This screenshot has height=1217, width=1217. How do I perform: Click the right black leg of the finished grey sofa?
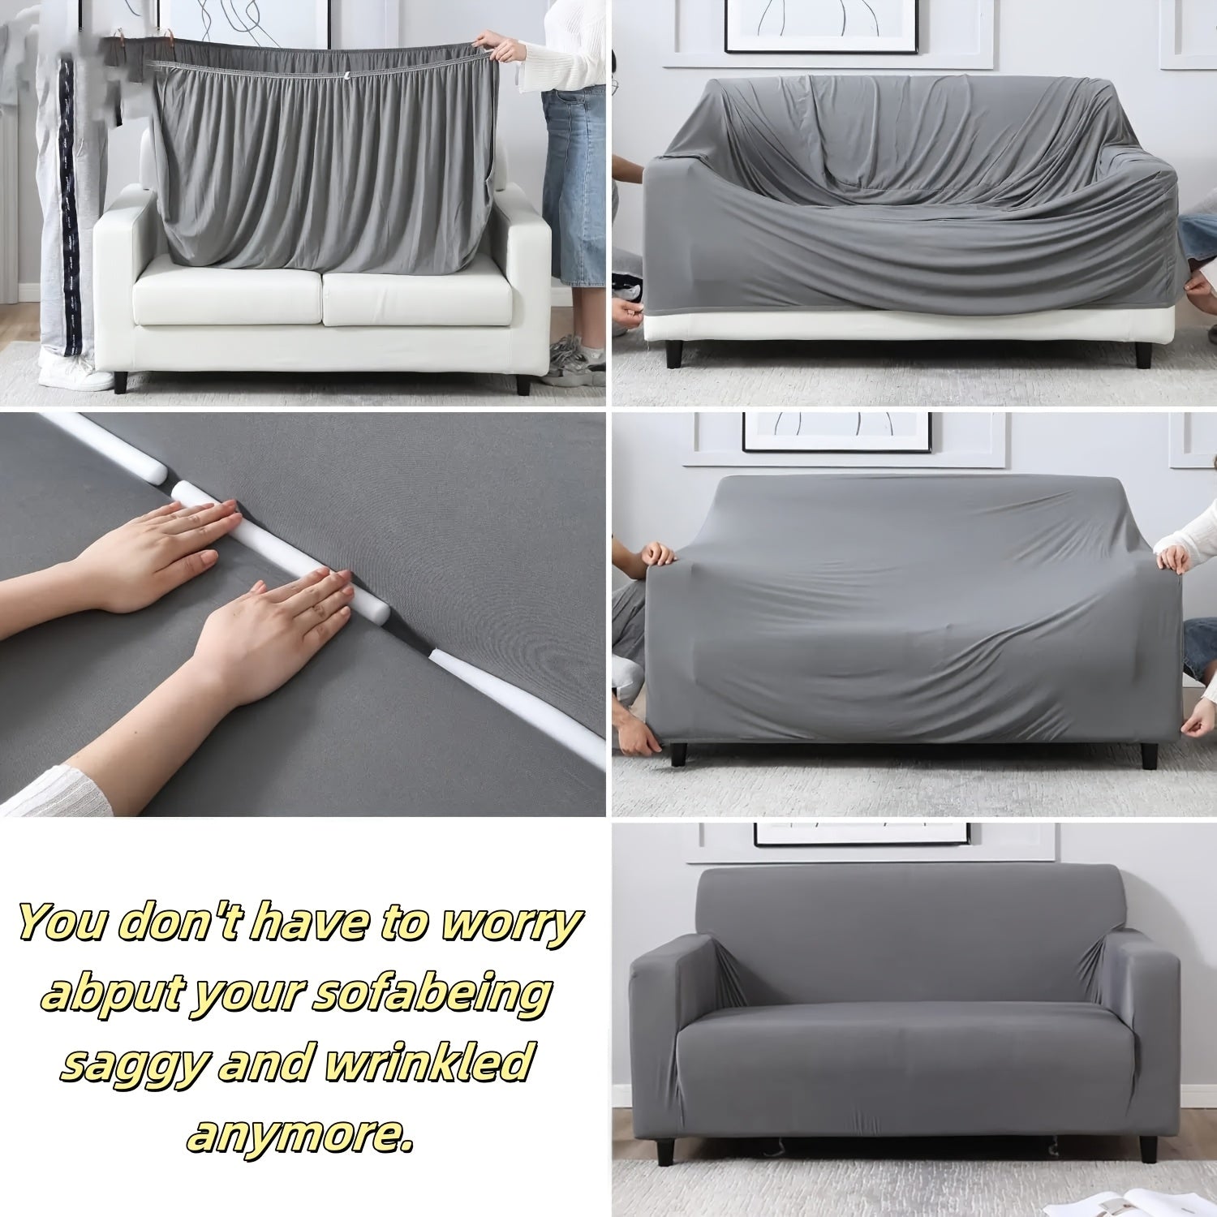coord(1147,1149)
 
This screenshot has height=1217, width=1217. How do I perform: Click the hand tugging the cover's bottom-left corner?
coord(641,738)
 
